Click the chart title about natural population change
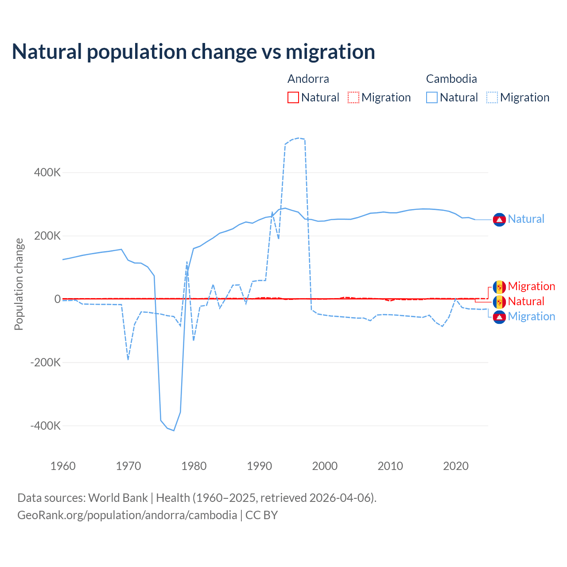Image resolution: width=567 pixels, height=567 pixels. pos(194,51)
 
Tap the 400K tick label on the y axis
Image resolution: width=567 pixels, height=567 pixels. pos(47,172)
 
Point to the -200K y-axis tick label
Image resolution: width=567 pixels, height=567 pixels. pos(46,362)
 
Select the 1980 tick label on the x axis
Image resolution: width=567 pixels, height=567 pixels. pos(194,466)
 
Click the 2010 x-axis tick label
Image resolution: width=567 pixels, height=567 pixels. pos(390,466)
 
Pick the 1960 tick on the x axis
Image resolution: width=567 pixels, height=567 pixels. pos(63,466)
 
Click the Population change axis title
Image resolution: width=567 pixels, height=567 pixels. pos(19,284)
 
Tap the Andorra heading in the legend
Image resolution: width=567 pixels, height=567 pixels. pos(308,79)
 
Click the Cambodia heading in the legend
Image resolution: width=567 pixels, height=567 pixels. pos(451,79)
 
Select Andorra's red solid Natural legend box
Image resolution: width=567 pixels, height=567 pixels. pos(293,97)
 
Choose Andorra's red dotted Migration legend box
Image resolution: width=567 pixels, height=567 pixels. pos(353,97)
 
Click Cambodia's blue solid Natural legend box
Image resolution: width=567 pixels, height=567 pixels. pos(432,97)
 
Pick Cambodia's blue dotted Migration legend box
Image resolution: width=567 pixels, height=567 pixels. pos(492,97)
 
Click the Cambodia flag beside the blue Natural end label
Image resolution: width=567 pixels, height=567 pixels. pos(499,219)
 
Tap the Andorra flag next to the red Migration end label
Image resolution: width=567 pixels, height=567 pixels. pos(499,287)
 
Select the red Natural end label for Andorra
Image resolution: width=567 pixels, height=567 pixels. pos(526,302)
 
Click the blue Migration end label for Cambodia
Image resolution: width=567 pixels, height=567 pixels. pos(531,317)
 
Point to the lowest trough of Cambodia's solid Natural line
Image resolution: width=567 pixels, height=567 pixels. pos(174,430)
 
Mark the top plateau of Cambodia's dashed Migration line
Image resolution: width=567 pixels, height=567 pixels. pos(299,138)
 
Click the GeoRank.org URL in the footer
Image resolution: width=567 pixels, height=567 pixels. pos(127,515)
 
